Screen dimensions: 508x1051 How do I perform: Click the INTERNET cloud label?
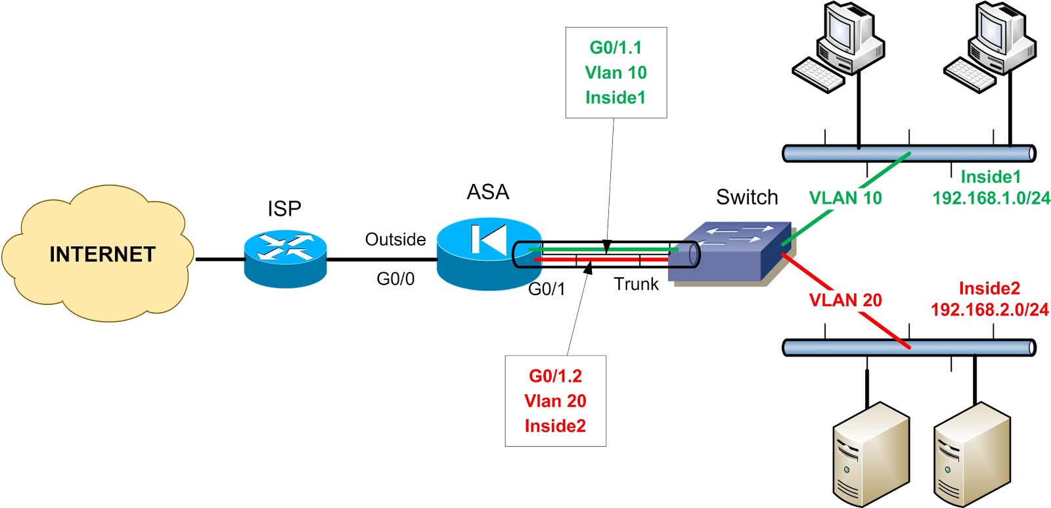tap(102, 254)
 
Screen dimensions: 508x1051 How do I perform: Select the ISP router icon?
tap(285, 259)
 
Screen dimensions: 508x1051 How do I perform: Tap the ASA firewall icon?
tap(487, 253)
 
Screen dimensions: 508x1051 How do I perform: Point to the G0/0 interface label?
tap(395, 279)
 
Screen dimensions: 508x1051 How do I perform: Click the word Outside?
tap(395, 239)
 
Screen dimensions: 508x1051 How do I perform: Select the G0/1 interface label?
tap(547, 289)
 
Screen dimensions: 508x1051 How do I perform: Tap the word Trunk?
tap(636, 285)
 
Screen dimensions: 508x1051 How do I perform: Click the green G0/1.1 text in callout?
tap(615, 47)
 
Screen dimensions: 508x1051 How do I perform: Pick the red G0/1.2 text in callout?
tap(555, 376)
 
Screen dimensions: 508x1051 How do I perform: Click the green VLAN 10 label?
tap(845, 198)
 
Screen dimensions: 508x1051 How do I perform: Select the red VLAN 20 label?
tap(845, 300)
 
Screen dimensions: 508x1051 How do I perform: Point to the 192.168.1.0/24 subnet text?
tap(991, 198)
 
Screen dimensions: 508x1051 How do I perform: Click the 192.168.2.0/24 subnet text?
tap(989, 310)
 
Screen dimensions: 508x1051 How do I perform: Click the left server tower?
tap(870, 453)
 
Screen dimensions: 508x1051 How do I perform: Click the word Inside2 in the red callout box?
tap(555, 426)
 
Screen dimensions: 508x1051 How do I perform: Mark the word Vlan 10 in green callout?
tap(615, 72)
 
